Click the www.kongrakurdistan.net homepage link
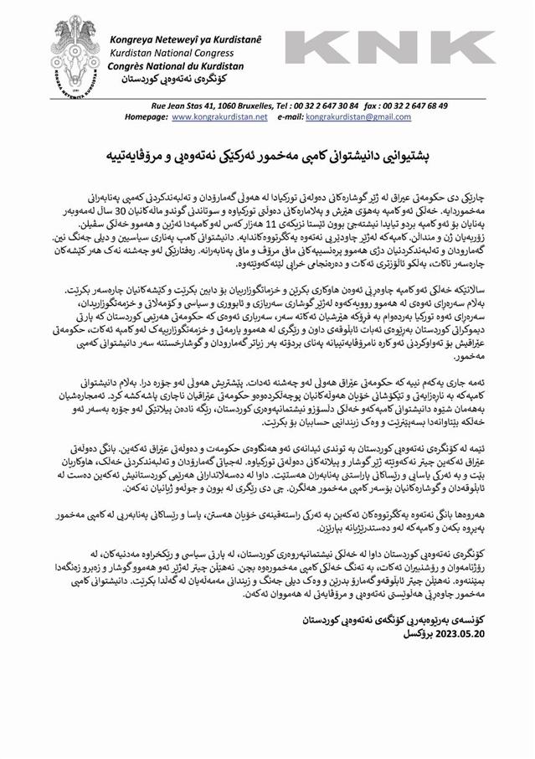tap(219, 117)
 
